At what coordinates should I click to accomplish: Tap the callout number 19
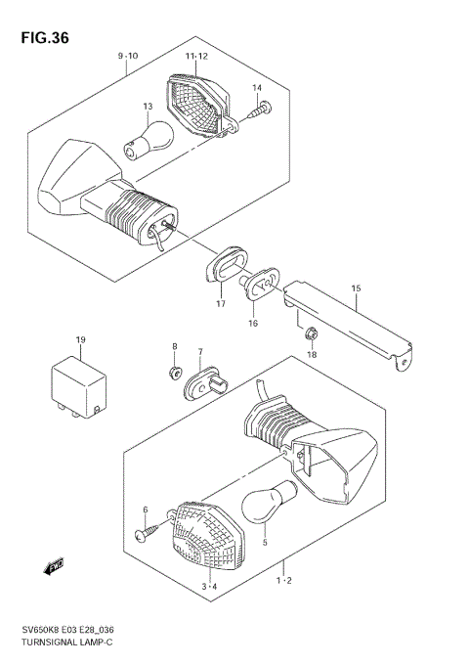point(80,339)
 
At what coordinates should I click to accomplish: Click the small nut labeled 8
point(174,371)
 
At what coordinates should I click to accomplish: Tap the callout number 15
point(356,288)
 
